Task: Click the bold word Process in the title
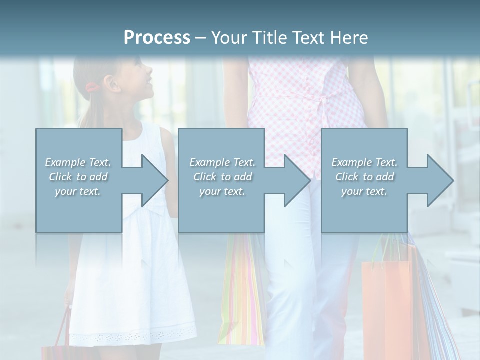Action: [157, 38]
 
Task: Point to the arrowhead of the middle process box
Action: [297, 180]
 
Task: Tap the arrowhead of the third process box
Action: [440, 180]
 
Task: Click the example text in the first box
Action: [78, 177]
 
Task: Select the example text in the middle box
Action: [222, 177]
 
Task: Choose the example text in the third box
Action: [364, 177]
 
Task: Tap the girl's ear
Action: [114, 85]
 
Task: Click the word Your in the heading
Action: [227, 38]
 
